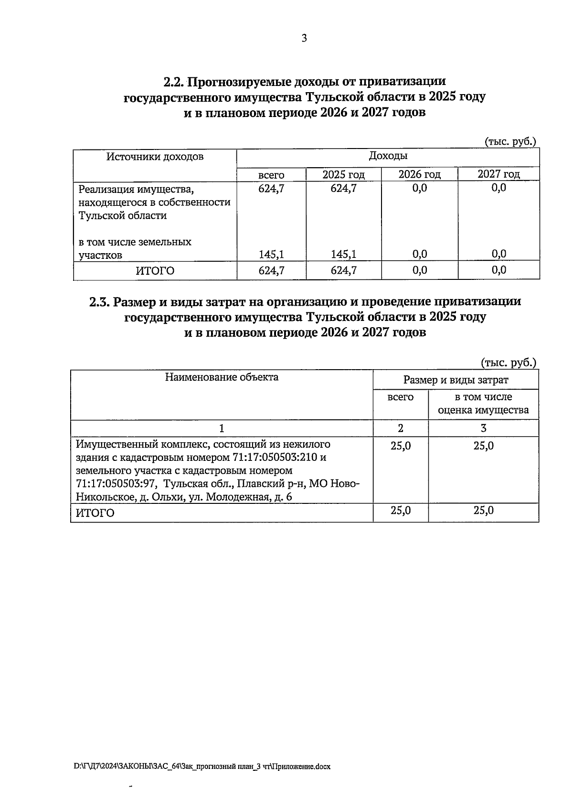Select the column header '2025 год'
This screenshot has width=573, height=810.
(x=343, y=174)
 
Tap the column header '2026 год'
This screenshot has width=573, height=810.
(x=419, y=174)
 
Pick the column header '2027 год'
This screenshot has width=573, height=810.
(x=499, y=174)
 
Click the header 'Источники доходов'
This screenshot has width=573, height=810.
(x=155, y=157)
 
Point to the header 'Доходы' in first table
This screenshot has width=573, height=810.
(x=388, y=156)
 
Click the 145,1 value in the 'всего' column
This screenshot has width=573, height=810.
(x=271, y=254)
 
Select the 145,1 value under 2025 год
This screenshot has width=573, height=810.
(x=343, y=254)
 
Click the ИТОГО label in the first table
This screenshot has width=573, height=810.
(x=155, y=271)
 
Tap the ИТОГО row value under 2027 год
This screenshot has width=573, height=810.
(x=499, y=270)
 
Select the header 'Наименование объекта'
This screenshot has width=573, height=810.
(x=222, y=377)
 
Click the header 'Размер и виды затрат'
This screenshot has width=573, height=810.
(x=456, y=380)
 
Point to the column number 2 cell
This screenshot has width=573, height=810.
(x=400, y=428)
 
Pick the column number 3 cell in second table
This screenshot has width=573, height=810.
(x=483, y=428)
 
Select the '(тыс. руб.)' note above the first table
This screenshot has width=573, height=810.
(x=510, y=142)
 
